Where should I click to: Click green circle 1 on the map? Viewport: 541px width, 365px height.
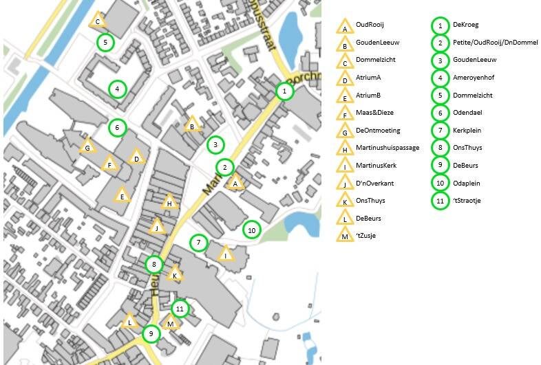(284, 90)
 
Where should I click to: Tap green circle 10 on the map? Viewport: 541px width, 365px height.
(252, 230)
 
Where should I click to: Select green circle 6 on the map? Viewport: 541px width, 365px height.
(117, 127)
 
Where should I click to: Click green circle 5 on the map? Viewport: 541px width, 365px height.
(105, 43)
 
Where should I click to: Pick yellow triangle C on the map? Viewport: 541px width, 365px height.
(98, 21)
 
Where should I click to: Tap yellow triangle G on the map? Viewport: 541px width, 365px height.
(87, 147)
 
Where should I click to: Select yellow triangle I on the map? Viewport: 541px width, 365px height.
(226, 255)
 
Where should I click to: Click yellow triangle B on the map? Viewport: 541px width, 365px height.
(193, 125)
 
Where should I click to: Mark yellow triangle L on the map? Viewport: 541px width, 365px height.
(129, 322)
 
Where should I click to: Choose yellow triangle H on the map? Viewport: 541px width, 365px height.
(169, 202)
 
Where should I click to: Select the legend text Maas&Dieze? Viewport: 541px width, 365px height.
(374, 113)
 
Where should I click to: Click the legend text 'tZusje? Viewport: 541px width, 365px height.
(367, 236)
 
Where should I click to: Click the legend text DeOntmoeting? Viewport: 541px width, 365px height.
(378, 131)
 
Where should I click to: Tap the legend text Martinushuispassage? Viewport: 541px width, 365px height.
(387, 148)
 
